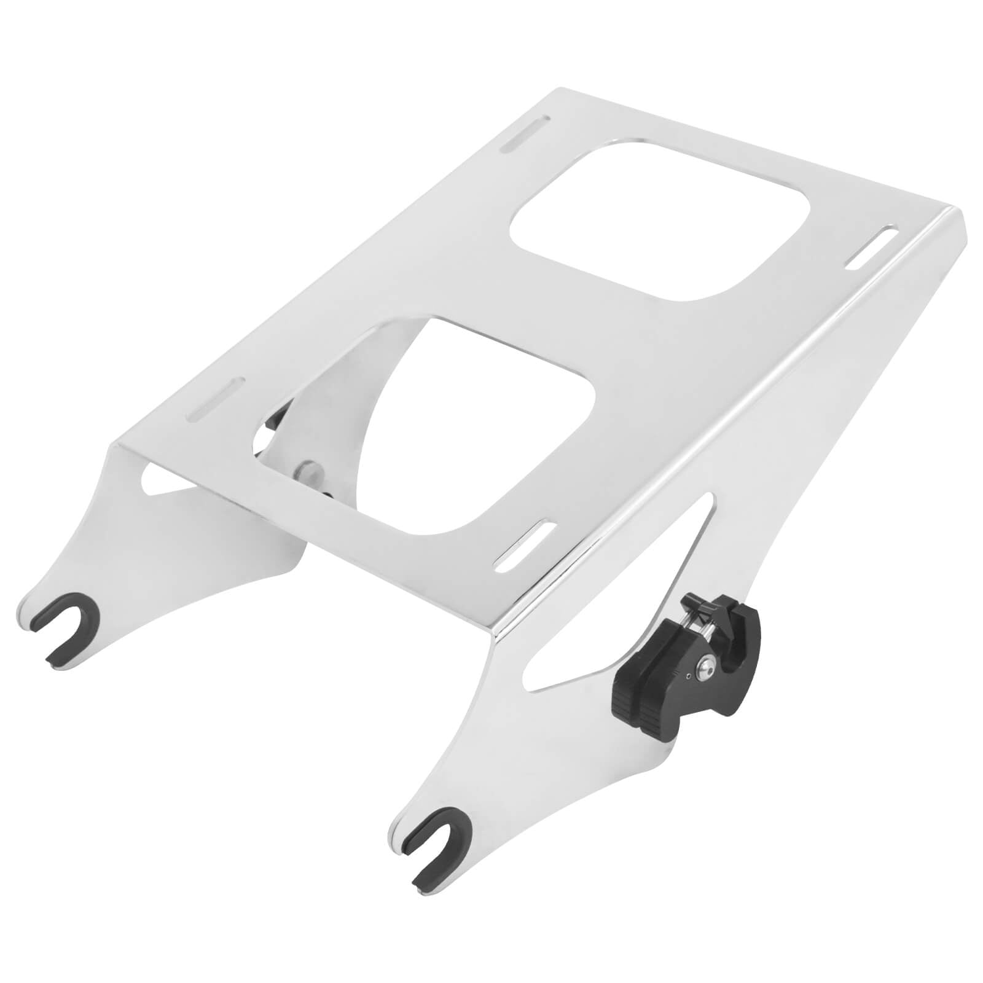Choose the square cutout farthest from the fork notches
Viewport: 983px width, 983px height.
(x=657, y=218)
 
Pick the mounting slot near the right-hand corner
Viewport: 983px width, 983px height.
(x=872, y=247)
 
